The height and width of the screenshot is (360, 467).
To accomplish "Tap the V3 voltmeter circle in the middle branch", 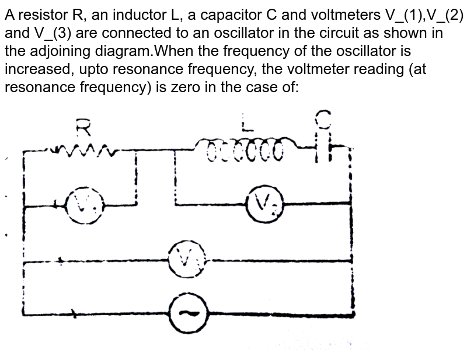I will [x=185, y=259].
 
